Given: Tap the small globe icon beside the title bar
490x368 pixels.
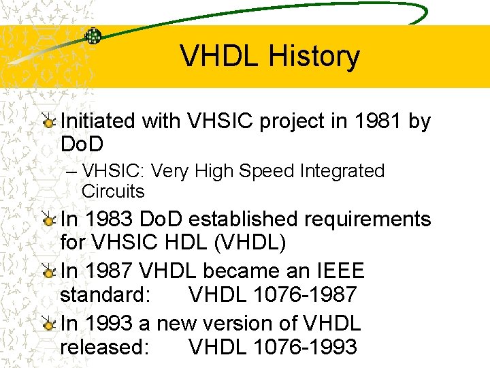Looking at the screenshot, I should tap(93, 35).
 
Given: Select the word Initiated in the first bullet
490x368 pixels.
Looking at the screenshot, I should tap(98, 121).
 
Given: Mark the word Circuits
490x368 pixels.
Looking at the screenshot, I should tap(113, 191).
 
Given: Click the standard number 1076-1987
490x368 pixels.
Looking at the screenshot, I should tap(304, 294).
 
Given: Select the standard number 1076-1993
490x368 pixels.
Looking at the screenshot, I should tap(304, 346).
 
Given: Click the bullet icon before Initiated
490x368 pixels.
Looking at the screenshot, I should tap(48, 121).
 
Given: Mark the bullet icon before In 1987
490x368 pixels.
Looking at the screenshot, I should tap(48, 271).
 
